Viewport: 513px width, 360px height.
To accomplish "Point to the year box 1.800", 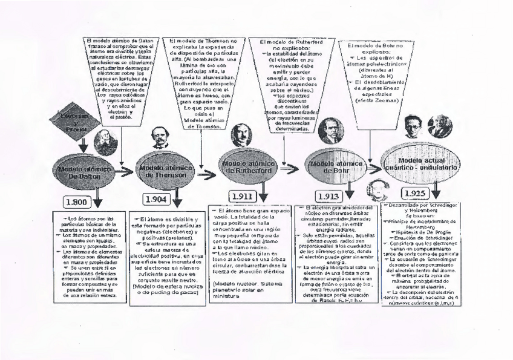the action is point(80,201).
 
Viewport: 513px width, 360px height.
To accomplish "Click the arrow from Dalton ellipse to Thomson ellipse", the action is point(125,172).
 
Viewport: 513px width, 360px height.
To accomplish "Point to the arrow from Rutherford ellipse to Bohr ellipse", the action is point(290,169).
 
